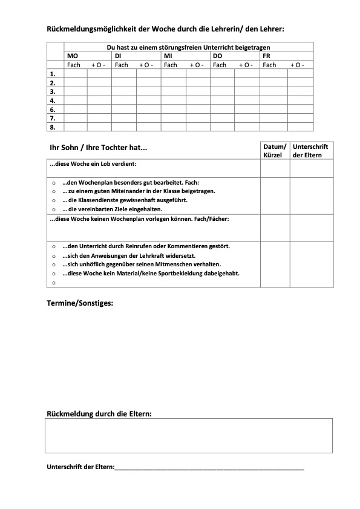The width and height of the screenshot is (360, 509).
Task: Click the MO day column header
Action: tap(71, 56)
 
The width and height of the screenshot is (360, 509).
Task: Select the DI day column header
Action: tap(119, 56)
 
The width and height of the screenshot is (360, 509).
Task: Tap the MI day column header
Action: tap(169, 56)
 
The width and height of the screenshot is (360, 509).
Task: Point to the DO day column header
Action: tap(218, 56)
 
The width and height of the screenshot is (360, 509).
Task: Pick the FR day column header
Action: tap(267, 56)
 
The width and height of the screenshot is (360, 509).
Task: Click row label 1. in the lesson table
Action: tap(53, 74)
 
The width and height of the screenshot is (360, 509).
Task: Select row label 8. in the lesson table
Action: tap(53, 127)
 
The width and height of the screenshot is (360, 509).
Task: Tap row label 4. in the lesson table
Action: tap(53, 100)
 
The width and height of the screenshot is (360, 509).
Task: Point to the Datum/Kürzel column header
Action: tap(274, 151)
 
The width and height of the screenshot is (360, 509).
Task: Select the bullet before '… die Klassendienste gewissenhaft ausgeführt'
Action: tap(54, 200)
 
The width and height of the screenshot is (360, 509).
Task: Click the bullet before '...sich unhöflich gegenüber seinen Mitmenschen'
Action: tap(54, 264)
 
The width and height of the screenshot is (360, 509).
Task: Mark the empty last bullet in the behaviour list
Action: tap(54, 282)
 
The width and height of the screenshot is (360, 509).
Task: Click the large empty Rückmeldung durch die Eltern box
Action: tap(189, 435)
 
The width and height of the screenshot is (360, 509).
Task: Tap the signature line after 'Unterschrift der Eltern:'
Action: tap(209, 468)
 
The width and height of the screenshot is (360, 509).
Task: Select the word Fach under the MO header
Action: tap(73, 65)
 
